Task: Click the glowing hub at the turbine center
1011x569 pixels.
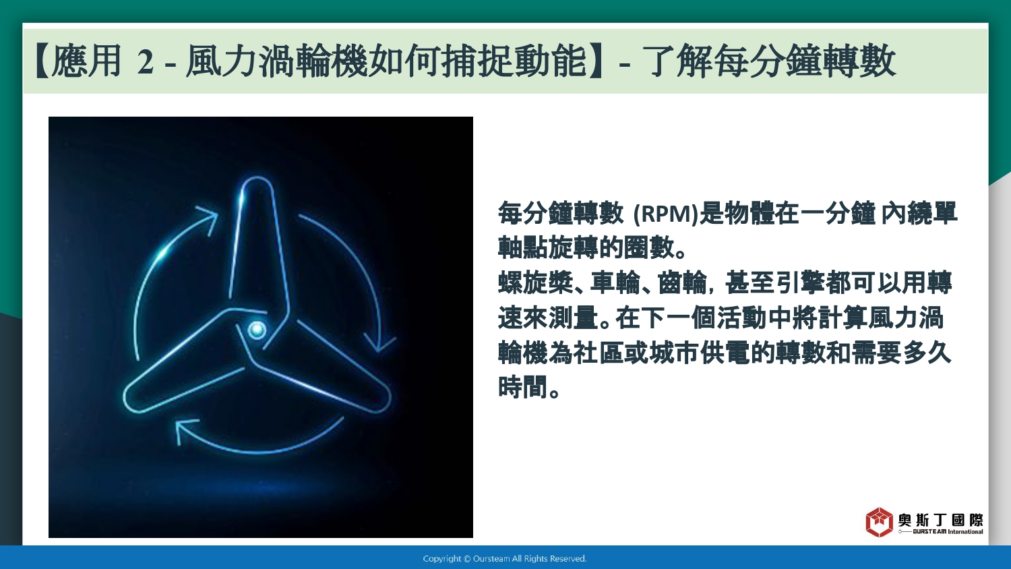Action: point(257,329)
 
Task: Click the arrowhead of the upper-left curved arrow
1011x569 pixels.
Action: point(208,219)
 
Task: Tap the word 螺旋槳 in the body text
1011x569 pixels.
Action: point(536,282)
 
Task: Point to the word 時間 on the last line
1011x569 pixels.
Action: point(523,386)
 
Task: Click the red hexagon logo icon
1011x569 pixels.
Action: point(879,522)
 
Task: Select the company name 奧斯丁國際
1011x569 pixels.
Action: point(940,520)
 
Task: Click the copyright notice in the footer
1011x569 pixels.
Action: point(505,559)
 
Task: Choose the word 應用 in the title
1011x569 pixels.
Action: point(86,61)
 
